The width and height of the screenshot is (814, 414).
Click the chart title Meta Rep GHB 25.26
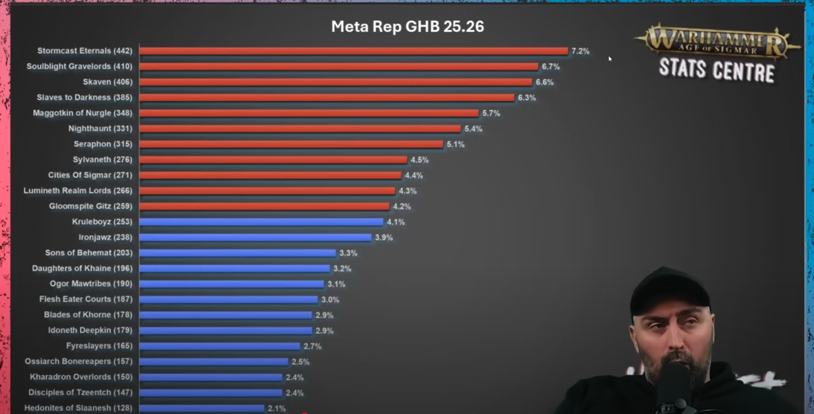(x=407, y=27)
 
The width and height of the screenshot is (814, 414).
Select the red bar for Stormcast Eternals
(x=353, y=51)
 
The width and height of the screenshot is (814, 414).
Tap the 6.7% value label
(x=550, y=66)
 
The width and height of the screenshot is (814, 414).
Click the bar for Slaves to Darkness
(x=326, y=98)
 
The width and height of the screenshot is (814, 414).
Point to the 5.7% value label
(x=491, y=113)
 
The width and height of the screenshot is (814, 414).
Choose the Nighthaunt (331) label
(x=100, y=128)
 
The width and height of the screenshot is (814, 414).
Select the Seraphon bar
(x=291, y=144)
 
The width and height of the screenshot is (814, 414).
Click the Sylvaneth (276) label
(x=102, y=160)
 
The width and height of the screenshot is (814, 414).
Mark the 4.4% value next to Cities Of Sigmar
(x=413, y=175)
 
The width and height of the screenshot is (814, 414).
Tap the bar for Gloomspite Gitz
(x=264, y=206)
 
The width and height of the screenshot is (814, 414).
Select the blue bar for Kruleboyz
(x=261, y=222)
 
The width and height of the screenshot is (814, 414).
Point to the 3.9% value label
(x=383, y=238)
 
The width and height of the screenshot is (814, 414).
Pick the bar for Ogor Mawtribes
(x=231, y=284)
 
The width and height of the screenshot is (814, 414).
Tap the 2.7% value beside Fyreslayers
(x=312, y=346)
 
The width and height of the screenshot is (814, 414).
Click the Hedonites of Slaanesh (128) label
(x=78, y=408)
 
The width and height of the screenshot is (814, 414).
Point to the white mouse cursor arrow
(x=610, y=59)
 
